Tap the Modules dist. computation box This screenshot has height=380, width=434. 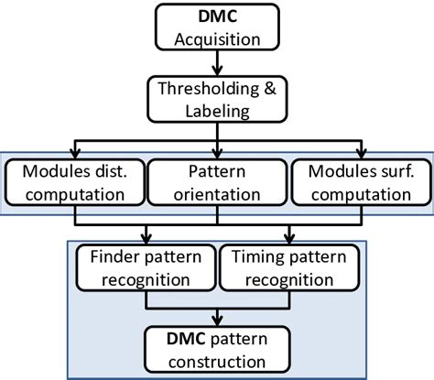(x=76, y=181)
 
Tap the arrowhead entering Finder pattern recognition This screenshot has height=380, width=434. (x=144, y=240)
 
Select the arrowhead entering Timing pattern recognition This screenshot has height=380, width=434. (x=288, y=240)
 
